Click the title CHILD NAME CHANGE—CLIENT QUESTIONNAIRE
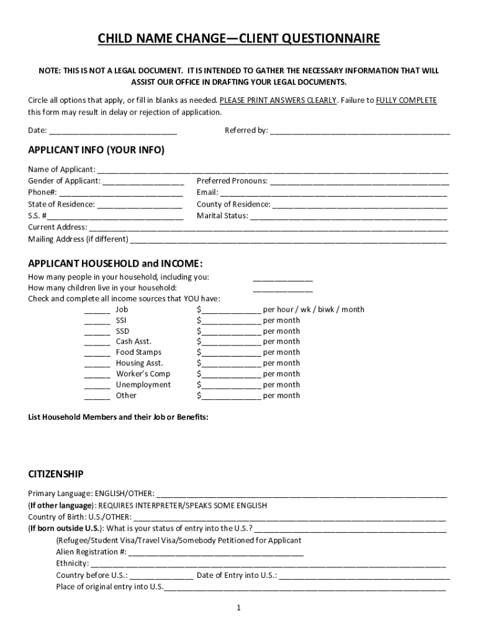point(238,40)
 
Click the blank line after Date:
point(113,131)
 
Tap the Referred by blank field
point(359,131)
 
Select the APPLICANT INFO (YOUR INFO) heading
point(96,151)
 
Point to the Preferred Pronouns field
point(359,181)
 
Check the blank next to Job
point(97,310)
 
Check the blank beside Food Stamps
point(97,353)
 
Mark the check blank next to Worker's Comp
point(97,375)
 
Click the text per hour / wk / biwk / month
point(313,309)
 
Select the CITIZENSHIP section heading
point(56,474)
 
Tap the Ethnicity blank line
point(268,564)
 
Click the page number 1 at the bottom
point(238,608)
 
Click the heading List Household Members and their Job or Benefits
point(118,417)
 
